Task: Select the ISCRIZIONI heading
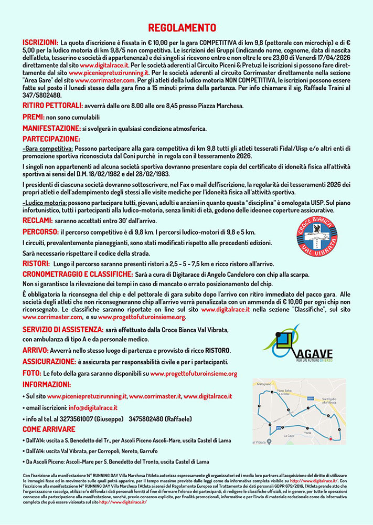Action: tap(40, 41)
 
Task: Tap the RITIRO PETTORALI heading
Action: tap(50, 106)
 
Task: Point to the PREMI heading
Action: tap(33, 118)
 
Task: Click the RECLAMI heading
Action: tap(37, 220)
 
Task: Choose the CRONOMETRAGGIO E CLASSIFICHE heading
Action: tap(83, 274)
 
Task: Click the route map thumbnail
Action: tap(299, 411)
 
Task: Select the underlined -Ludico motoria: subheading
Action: tap(48, 203)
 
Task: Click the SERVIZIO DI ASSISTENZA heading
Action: tap(62, 329)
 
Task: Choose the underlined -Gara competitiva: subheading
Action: tap(47, 149)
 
